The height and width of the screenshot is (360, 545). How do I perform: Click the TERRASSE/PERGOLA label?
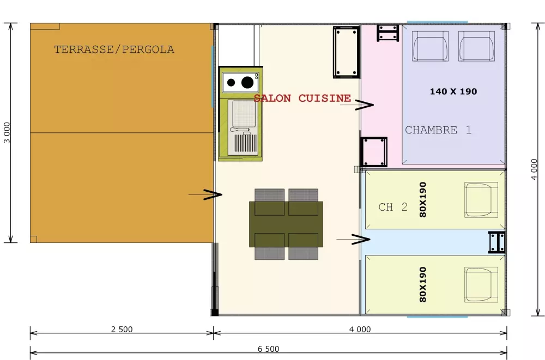[114, 50]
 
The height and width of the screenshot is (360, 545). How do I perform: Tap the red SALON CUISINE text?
[302, 99]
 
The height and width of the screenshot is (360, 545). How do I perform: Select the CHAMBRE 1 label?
[438, 130]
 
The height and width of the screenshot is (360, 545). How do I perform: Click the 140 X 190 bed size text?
[453, 91]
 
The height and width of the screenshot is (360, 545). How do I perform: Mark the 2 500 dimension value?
[122, 329]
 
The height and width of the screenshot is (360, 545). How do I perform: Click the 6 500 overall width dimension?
[268, 349]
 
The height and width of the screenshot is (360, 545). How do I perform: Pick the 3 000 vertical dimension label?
[7, 132]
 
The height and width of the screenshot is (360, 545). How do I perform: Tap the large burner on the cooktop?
[247, 82]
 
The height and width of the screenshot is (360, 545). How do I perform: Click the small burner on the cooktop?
[231, 83]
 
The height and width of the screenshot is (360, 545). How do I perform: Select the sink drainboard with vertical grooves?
[246, 144]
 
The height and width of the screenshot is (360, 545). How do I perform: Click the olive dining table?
[286, 224]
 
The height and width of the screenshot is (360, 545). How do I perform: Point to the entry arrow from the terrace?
[205, 194]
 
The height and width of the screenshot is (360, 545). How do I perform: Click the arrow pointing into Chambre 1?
[356, 105]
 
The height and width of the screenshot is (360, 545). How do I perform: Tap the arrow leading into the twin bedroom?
[353, 239]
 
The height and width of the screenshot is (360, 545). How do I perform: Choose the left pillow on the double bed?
[431, 46]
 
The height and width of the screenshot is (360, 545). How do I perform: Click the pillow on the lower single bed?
[481, 284]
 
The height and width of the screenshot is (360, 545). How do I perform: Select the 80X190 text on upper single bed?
[423, 199]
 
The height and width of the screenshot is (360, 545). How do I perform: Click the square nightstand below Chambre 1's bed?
[374, 152]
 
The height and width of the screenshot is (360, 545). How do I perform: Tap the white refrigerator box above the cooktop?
[237, 45]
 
